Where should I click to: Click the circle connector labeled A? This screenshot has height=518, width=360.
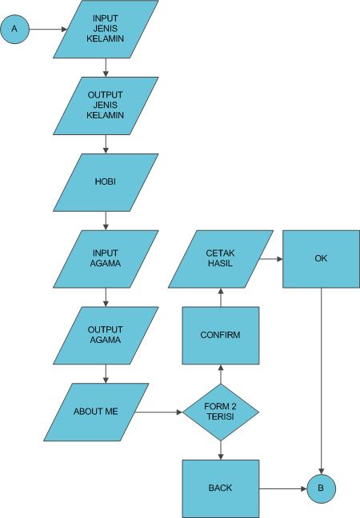14,30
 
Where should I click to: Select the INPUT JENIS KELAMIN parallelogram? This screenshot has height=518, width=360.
106,30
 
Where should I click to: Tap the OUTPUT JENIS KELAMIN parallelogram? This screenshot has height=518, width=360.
106,106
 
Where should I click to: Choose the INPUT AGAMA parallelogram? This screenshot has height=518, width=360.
106,259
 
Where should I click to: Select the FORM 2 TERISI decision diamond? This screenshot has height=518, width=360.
221,412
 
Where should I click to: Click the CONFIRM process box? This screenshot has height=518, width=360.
221,334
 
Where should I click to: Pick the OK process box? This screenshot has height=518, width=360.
322,259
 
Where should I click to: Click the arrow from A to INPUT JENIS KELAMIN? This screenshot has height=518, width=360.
48,30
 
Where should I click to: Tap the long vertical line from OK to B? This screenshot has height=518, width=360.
322,376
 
